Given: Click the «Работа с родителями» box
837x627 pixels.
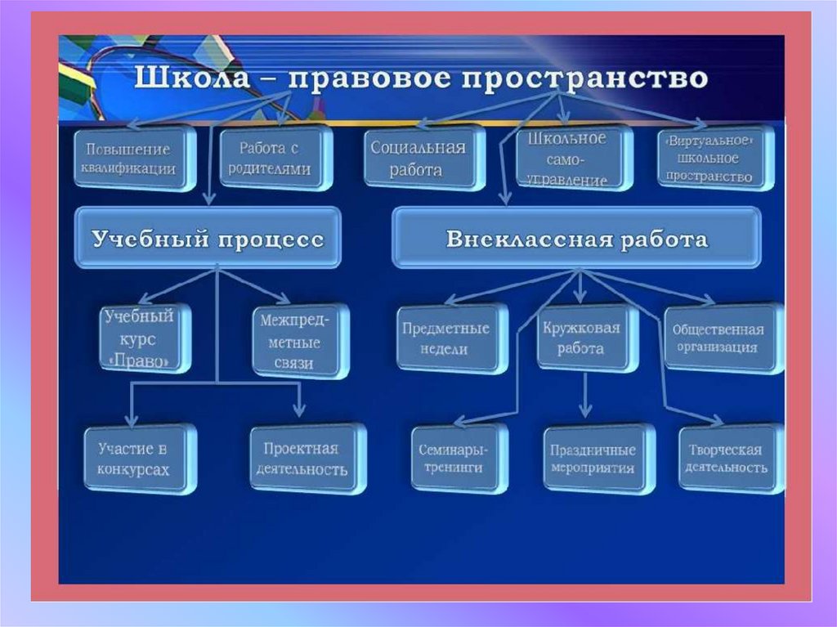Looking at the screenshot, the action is [274, 159].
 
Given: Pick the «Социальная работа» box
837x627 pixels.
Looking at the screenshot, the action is [418, 159].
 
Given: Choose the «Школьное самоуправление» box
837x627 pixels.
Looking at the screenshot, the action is [571, 159].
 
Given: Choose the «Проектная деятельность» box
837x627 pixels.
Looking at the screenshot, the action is [306, 459].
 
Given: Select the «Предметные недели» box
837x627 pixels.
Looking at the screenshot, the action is [446, 338].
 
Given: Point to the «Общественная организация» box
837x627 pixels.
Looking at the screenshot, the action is [718, 338].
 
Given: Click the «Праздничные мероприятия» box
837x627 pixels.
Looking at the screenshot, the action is [593, 459].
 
